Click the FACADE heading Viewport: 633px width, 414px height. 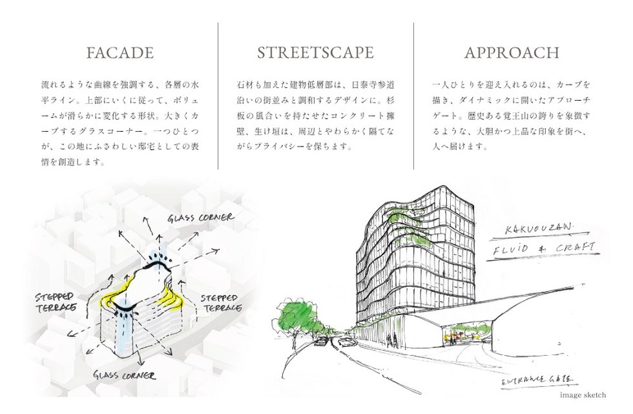coord(120,53)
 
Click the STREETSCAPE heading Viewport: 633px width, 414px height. coord(315,53)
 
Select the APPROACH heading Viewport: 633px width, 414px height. coord(512,53)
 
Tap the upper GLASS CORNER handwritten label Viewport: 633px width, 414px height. coord(201,218)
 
